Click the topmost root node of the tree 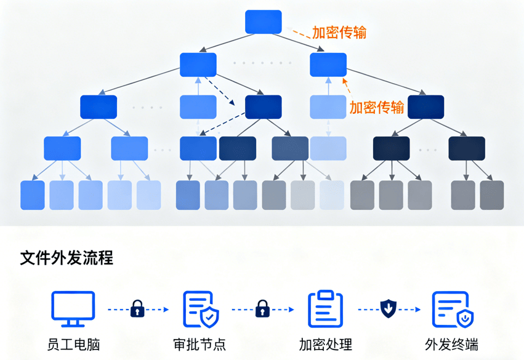click(x=264, y=22)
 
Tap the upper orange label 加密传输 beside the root click(x=339, y=33)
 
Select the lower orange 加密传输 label click(x=377, y=107)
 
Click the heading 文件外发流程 click(x=67, y=257)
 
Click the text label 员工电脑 click(x=73, y=344)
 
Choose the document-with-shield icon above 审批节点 click(x=201, y=309)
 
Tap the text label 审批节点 click(x=200, y=344)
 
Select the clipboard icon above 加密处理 click(x=325, y=309)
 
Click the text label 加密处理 click(x=325, y=344)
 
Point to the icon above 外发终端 click(x=452, y=309)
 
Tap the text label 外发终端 click(x=451, y=344)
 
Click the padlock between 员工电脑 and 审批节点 click(x=137, y=308)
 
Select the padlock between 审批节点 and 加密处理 click(x=263, y=308)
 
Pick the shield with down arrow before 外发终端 click(x=388, y=308)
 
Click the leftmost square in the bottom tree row click(x=33, y=195)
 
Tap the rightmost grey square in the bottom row click(x=491, y=195)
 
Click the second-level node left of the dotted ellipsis click(x=198, y=65)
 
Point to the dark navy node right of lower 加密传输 click(x=425, y=107)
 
